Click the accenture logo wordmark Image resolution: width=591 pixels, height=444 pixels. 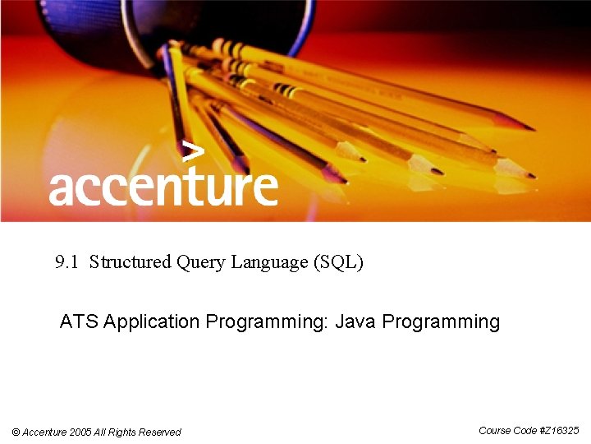(x=163, y=187)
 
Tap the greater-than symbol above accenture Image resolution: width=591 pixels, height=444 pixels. (x=192, y=151)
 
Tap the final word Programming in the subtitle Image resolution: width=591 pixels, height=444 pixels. (x=441, y=321)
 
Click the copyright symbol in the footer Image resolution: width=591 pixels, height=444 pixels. (x=16, y=432)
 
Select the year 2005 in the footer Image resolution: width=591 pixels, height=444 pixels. (x=80, y=432)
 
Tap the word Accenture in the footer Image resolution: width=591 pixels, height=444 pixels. (x=45, y=432)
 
